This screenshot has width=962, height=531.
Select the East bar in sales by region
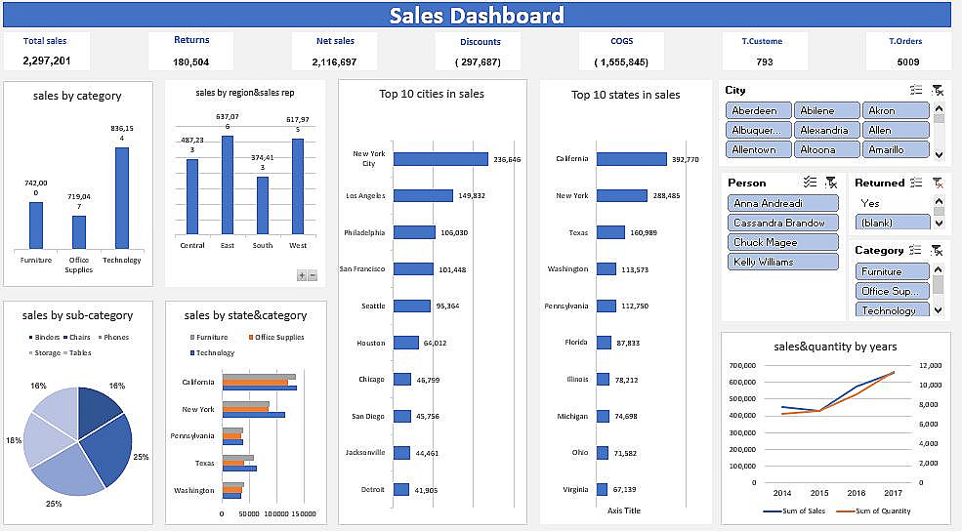(228, 184)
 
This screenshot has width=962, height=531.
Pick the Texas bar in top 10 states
(609, 232)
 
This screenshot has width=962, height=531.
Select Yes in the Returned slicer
(870, 203)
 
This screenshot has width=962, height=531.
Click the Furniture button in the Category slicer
(881, 271)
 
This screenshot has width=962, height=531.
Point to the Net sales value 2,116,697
(334, 61)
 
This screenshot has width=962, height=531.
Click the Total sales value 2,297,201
(46, 61)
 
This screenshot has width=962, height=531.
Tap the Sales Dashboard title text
(477, 15)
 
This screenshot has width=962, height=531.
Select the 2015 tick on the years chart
(818, 493)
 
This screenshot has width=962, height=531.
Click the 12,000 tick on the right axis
(930, 365)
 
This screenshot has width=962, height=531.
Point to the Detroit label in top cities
(371, 489)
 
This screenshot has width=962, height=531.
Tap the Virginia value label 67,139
(626, 489)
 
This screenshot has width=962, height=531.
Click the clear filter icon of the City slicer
(937, 90)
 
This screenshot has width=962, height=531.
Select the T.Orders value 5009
(908, 61)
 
